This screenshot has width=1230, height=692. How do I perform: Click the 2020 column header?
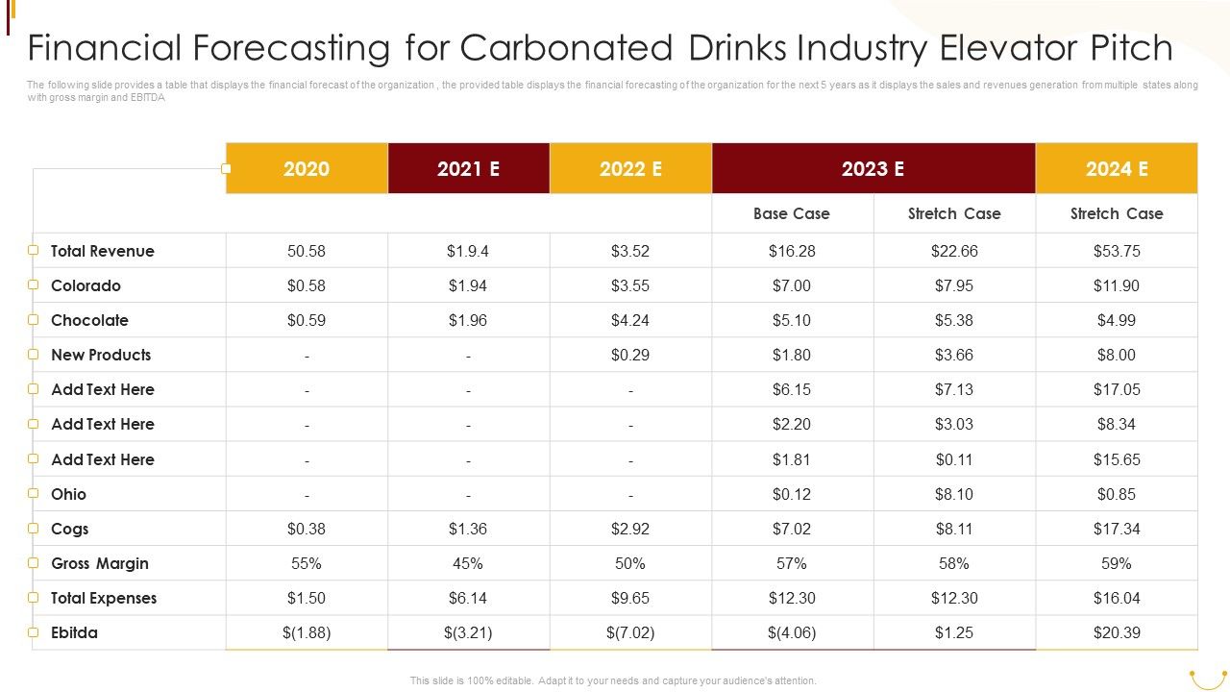click(x=307, y=169)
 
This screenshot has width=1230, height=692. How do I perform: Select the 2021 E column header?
click(x=468, y=169)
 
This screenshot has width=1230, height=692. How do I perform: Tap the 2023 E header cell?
click(x=873, y=169)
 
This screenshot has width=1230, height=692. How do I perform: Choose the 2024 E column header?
click(x=1117, y=169)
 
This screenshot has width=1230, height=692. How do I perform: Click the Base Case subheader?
click(x=792, y=213)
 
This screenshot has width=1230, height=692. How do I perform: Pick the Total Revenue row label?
click(x=102, y=251)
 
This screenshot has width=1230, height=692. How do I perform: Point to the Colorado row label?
click(x=86, y=285)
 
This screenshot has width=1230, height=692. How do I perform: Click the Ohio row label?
click(x=68, y=494)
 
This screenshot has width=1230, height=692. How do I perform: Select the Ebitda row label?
click(x=74, y=632)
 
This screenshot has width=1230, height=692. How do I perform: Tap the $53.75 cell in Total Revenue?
click(x=1117, y=251)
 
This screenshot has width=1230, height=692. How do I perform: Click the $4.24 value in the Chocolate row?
click(x=630, y=320)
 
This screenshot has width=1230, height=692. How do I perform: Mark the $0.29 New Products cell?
click(x=630, y=355)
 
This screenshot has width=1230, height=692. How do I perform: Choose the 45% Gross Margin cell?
click(x=468, y=563)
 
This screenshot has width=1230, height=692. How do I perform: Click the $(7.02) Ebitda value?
click(x=630, y=632)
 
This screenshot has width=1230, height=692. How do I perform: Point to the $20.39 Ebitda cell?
click(x=1117, y=632)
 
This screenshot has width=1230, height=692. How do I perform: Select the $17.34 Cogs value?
click(x=1117, y=529)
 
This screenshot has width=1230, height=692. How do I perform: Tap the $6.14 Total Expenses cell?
click(x=468, y=598)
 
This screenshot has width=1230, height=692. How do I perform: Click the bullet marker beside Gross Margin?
click(x=33, y=563)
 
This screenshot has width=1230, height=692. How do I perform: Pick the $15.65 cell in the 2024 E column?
click(x=1117, y=459)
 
